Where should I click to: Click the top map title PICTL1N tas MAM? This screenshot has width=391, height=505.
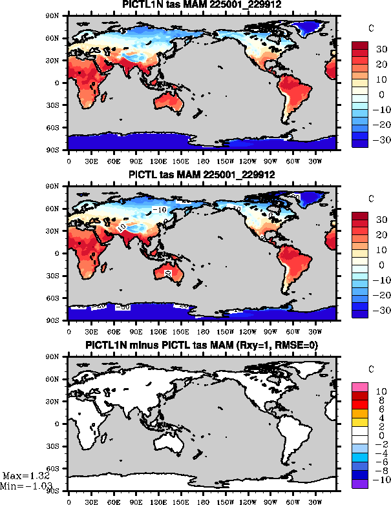click(202, 5)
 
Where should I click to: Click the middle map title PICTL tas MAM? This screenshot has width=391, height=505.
click(202, 175)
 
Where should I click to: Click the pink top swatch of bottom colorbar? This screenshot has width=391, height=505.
click(361, 387)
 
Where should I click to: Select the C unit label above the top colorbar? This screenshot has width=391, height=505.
click(370, 29)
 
